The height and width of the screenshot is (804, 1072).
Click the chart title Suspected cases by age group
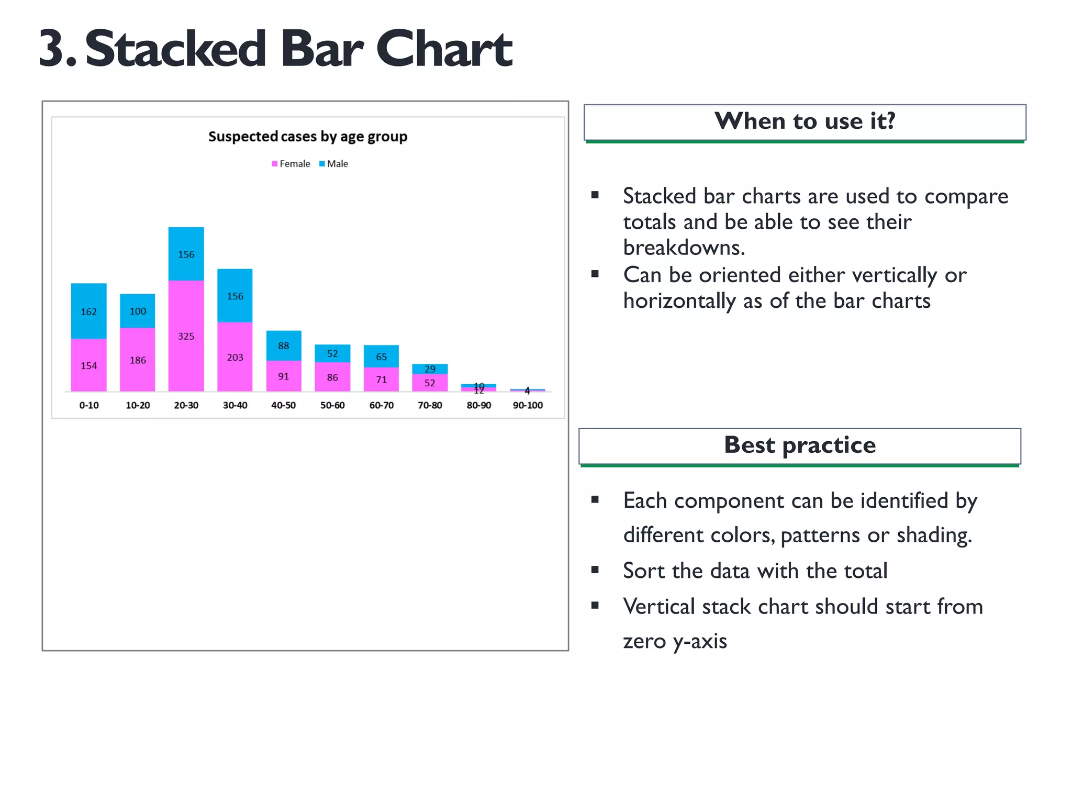[x=307, y=137]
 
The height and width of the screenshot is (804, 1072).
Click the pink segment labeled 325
[x=186, y=336]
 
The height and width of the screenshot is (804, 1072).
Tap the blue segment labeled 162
[x=88, y=311]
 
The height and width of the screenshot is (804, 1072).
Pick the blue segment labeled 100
[x=138, y=311]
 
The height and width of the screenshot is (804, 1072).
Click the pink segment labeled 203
[x=234, y=358]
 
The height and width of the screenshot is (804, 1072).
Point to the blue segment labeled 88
[x=283, y=345]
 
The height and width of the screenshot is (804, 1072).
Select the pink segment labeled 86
[x=332, y=377]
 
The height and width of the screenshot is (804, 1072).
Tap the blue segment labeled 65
[x=381, y=356]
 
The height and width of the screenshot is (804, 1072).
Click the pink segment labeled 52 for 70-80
[x=430, y=383]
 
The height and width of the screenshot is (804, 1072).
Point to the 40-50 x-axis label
[x=283, y=405]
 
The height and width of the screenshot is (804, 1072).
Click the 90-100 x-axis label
[x=528, y=405]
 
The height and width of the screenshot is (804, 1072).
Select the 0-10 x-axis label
[x=88, y=405]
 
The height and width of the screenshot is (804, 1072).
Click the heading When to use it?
[x=805, y=121]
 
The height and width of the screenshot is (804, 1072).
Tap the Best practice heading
[x=799, y=445]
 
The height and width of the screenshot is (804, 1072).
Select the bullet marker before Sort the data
[x=595, y=570]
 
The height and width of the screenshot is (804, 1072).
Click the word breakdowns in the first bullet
[x=683, y=248]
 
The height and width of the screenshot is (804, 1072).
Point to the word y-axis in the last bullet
[x=701, y=641]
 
